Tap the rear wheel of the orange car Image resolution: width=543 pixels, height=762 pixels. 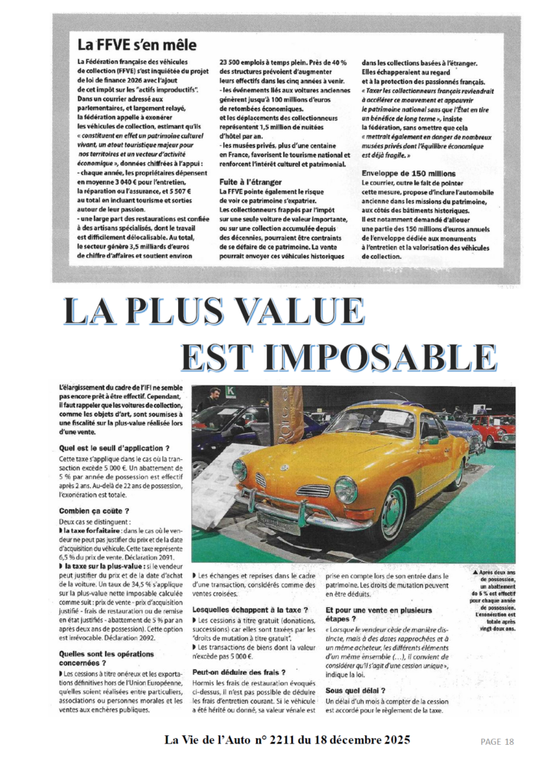(x=457, y=473)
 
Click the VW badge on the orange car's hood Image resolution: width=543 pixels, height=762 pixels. (x=284, y=468)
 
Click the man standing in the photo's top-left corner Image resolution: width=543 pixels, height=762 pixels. (x=214, y=399)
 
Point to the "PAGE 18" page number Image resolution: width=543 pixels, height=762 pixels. (x=498, y=741)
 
